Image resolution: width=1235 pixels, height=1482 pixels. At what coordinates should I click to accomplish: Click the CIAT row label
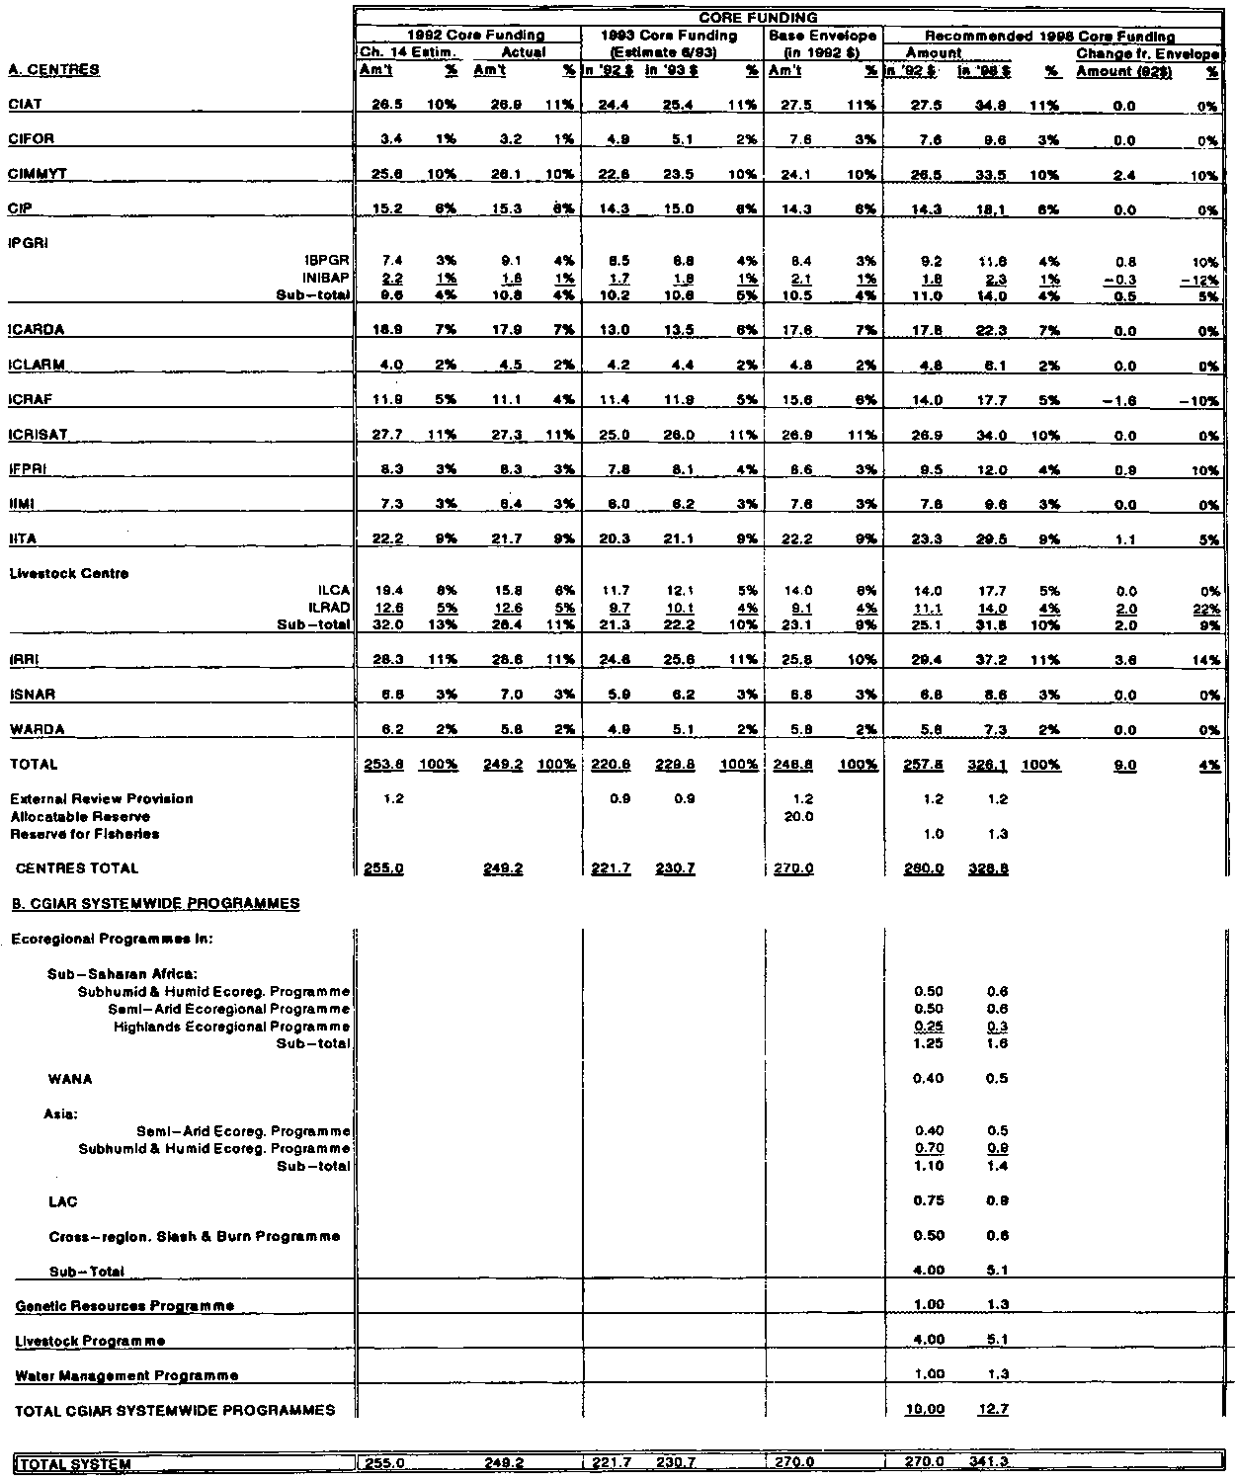(x=25, y=105)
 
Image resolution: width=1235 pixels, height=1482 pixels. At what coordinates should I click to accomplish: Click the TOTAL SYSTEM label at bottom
(x=75, y=1463)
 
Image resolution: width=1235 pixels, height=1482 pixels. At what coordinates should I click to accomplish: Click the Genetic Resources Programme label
(x=125, y=1306)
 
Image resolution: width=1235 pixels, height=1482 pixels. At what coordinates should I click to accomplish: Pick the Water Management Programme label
(x=127, y=1375)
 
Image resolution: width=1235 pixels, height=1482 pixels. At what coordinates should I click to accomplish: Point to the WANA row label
(x=69, y=1079)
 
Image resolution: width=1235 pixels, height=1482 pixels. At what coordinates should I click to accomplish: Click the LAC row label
(x=62, y=1201)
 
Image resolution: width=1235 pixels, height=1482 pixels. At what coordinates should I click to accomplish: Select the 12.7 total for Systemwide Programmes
(x=995, y=1410)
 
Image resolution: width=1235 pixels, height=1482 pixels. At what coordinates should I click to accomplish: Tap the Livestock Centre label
(x=69, y=574)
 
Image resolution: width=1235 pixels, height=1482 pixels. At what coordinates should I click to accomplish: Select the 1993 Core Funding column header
(x=673, y=36)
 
